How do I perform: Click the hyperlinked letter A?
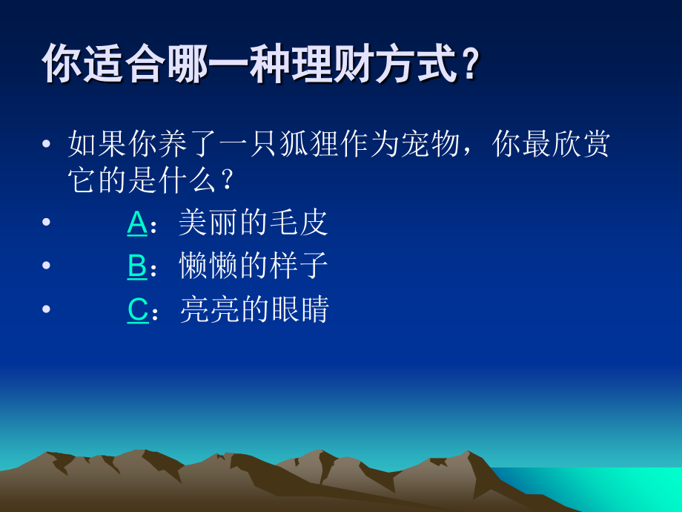tap(137, 223)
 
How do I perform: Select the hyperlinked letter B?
tap(137, 266)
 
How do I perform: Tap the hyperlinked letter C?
tap(138, 309)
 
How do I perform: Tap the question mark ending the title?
tap(470, 64)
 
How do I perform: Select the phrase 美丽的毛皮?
tap(254, 223)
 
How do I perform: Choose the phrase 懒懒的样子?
tap(254, 266)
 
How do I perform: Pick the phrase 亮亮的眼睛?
tap(254, 309)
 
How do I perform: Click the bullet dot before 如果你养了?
tap(47, 143)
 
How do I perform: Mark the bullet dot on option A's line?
tap(47, 223)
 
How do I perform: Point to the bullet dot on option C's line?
tap(47, 309)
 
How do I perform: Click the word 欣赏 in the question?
tap(582, 143)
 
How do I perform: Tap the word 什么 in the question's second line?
tap(188, 180)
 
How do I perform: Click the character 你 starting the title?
tap(60, 64)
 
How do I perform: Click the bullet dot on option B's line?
tap(47, 266)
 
